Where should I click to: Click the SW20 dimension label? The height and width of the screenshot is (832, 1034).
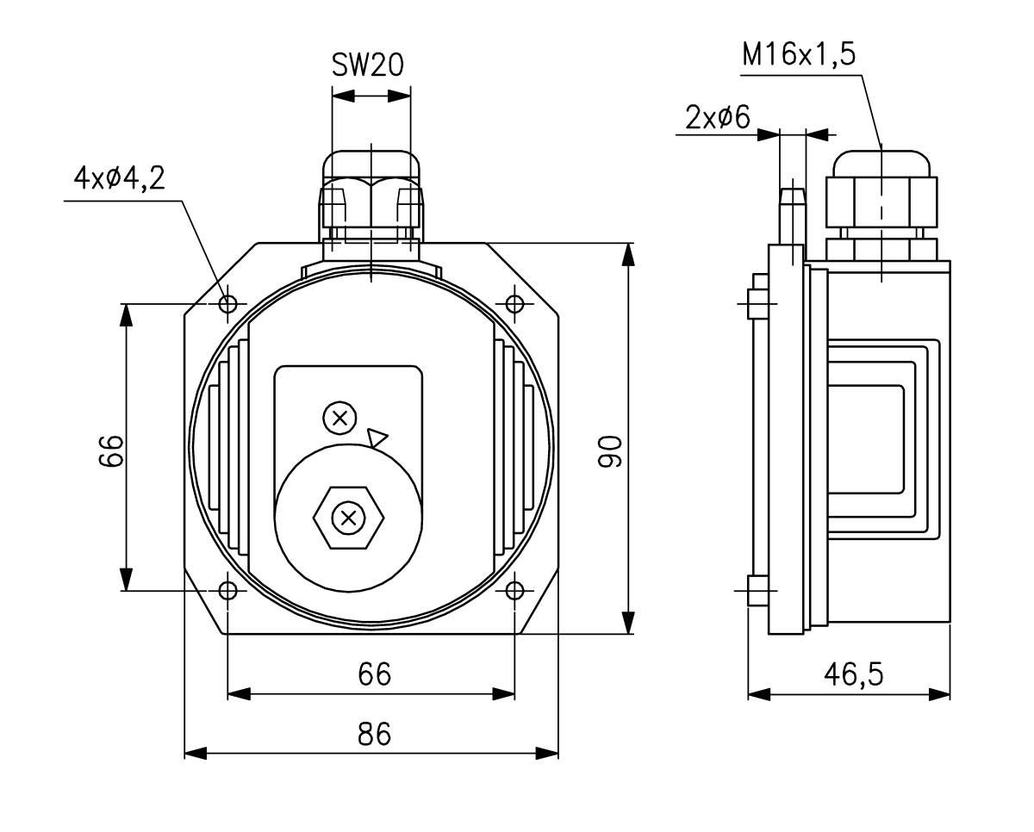point(367,65)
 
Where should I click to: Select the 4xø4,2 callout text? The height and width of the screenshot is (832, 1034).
point(119,178)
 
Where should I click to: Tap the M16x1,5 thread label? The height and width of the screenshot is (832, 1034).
point(799,55)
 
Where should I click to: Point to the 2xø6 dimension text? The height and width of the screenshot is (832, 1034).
point(717,117)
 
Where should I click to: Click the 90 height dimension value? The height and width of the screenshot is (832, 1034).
point(610,451)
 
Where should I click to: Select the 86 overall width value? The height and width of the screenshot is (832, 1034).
point(374,734)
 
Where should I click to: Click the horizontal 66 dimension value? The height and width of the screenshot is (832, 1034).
point(374,674)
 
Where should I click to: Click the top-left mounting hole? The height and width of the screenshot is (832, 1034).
point(228,304)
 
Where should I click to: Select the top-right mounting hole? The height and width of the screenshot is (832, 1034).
point(514,304)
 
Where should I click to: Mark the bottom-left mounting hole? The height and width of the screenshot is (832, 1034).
point(228,591)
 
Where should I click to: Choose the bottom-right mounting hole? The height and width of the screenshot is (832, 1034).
point(514,591)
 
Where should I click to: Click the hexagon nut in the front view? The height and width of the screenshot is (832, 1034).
point(348,518)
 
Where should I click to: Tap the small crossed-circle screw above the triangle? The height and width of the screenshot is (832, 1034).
point(339,419)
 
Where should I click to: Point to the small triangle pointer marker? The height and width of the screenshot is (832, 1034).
point(377,438)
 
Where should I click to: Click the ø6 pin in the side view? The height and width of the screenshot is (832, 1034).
point(792,215)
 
